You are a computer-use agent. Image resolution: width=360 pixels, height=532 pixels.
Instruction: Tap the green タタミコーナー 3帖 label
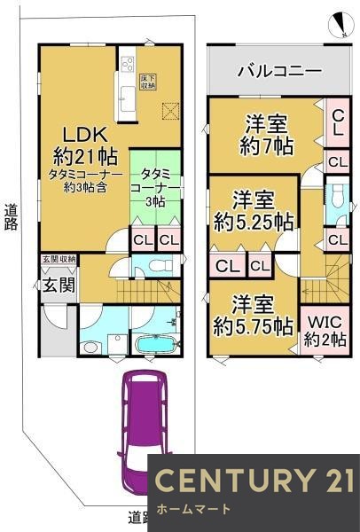[x=156, y=187]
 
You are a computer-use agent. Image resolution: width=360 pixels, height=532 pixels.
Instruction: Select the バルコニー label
[x=278, y=71]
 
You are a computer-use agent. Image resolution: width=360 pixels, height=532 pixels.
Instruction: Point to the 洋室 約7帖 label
[x=262, y=130]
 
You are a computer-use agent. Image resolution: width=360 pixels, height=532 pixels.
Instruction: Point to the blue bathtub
[x=155, y=341]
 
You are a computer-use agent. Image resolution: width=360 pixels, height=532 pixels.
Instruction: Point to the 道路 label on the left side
[x=11, y=217]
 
